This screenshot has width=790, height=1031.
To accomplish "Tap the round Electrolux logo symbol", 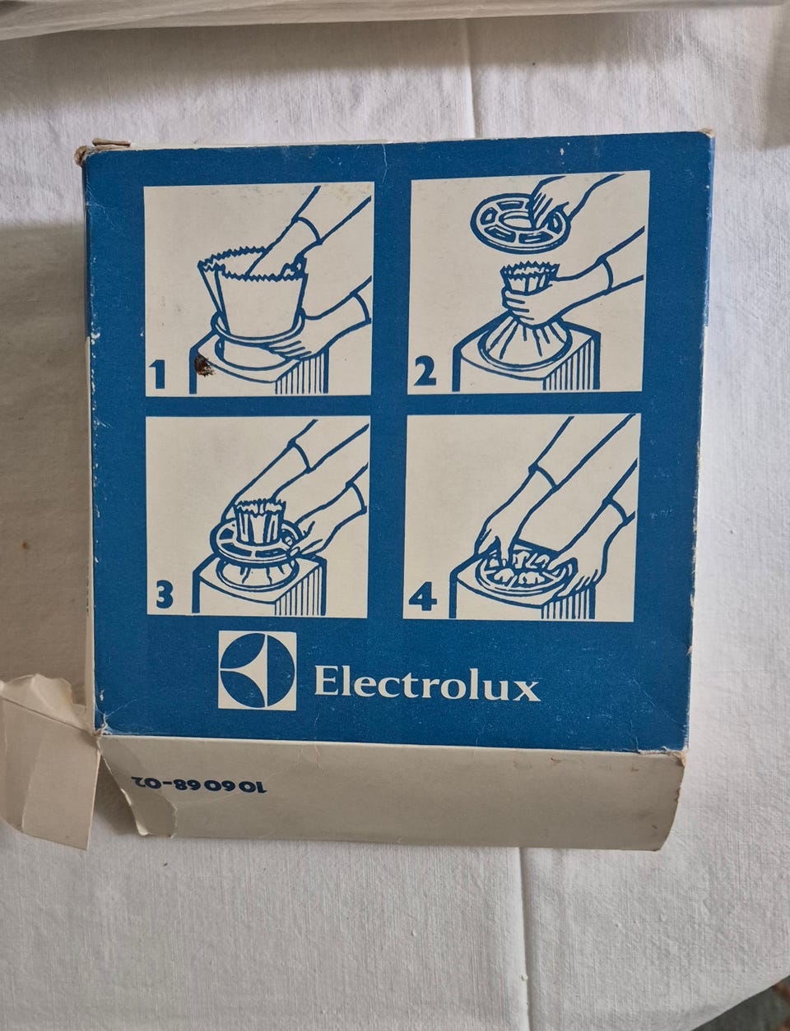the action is pos(257,670).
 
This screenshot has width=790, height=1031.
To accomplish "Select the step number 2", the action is pos(425,373).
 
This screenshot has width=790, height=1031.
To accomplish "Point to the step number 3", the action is pos(164,595).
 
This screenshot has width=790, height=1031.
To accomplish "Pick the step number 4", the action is pos(422,599).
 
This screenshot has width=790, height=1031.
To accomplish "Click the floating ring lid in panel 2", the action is pos(516,220).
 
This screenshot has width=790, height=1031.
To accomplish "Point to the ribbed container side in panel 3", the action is pos(299,589).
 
